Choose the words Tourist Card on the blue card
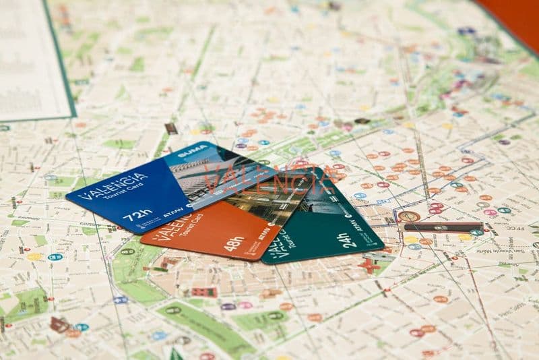(121, 198)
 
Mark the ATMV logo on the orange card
(264, 234)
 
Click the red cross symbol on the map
(369, 265)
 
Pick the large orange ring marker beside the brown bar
(408, 216)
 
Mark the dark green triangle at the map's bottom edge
(175, 353)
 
